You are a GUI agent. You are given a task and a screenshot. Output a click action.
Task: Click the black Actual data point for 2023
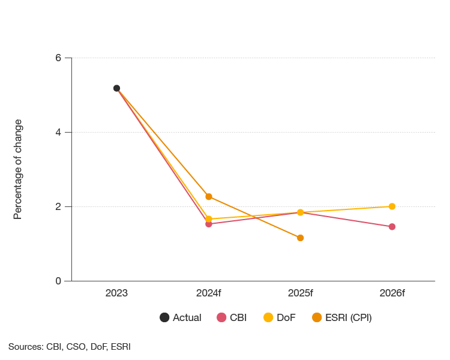coord(116,88)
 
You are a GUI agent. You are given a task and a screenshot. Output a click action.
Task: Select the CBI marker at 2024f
coord(208,224)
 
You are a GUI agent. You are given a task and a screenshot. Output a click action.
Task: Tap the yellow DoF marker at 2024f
coord(208,219)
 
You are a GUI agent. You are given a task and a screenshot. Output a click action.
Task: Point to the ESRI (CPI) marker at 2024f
coord(208,196)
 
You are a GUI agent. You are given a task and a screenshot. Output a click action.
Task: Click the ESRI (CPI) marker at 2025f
coord(300,238)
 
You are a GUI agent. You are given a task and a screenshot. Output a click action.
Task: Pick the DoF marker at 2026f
coord(392,206)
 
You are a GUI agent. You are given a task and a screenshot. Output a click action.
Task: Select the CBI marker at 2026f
coord(392,227)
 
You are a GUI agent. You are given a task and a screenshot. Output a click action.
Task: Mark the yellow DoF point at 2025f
coord(300,212)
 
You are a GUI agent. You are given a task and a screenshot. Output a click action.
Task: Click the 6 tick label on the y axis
coord(58,58)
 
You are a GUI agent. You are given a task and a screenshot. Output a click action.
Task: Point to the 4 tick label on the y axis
coord(58,132)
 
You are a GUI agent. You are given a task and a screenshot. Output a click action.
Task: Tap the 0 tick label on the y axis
coord(58,281)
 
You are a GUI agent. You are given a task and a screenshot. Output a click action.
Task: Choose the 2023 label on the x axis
coord(116,293)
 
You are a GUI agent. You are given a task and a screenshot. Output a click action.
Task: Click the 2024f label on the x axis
coord(208,293)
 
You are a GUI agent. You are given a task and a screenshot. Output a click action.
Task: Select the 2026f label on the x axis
coord(392,293)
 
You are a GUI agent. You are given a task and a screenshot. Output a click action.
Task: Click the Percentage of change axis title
coord(18,169)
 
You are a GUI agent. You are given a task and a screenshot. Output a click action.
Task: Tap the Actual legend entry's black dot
coord(164,318)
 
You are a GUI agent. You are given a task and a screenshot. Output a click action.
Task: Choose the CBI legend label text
coord(238,318)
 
